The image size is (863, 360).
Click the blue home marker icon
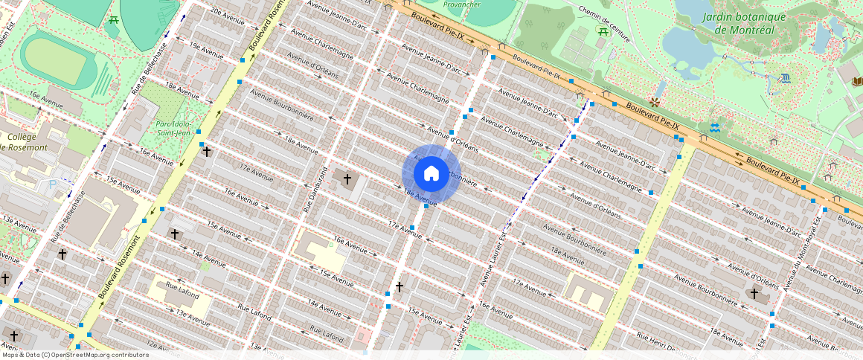[x=431, y=174]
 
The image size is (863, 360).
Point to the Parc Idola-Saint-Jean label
[x=173, y=129]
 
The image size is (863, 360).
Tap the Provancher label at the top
[x=461, y=4]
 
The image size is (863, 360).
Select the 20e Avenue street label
[x=227, y=13]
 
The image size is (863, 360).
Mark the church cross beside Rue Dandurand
[x=347, y=179]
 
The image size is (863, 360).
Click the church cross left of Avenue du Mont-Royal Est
[x=754, y=294]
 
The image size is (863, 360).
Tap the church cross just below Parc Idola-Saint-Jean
[x=207, y=151]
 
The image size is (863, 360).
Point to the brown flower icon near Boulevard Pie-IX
[x=655, y=101]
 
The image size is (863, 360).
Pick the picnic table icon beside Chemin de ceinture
[x=602, y=30]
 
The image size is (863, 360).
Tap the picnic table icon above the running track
[x=113, y=20]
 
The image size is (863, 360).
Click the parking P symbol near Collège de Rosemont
[x=51, y=183]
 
